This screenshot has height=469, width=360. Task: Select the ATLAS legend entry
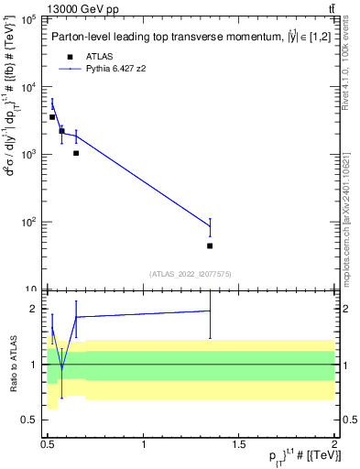(x=99, y=56)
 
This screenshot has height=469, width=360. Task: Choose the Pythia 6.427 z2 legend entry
(x=117, y=68)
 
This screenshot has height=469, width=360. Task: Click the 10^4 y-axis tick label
(x=28, y=87)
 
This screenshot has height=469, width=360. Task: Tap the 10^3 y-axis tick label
(x=28, y=154)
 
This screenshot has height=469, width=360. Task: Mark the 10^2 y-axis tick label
(x=28, y=222)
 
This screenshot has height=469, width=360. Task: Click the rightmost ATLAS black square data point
(x=210, y=245)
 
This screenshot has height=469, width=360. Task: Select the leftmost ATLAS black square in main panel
(x=52, y=117)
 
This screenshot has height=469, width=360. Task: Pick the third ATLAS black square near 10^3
(x=76, y=153)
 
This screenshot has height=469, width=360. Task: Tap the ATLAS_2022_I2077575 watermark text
(x=190, y=274)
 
